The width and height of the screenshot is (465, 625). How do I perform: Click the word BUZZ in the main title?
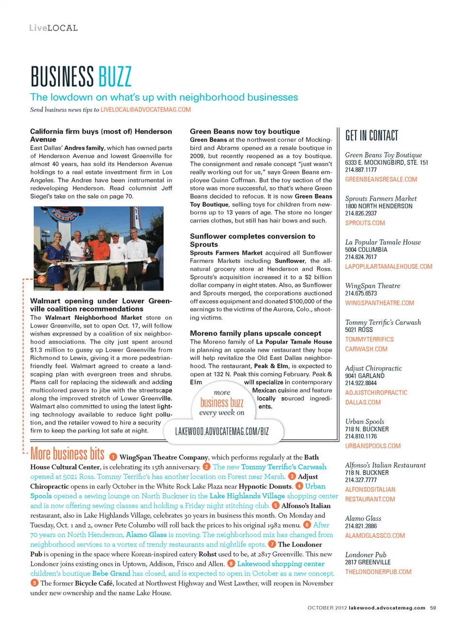pyautogui.click(x=115, y=77)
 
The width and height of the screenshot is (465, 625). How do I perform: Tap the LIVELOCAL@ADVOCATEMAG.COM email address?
pyautogui.click(x=145, y=110)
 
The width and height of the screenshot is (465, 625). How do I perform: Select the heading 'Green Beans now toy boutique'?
pyautogui.click(x=245, y=131)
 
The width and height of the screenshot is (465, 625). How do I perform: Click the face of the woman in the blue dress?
pyautogui.click(x=58, y=237)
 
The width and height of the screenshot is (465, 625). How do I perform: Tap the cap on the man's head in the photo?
pyautogui.click(x=116, y=234)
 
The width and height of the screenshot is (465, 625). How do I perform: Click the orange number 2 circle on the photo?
pyautogui.click(x=42, y=279)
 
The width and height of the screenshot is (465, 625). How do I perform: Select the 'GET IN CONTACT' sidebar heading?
pyautogui.click(x=372, y=136)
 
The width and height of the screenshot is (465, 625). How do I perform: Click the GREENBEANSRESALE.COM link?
pyautogui.click(x=381, y=179)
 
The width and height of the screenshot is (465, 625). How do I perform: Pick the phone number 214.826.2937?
pyautogui.click(x=361, y=213)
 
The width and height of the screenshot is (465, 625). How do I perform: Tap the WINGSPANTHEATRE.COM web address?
pyautogui.click(x=379, y=303)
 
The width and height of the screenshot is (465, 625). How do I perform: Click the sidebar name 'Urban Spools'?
pyautogui.click(x=364, y=422)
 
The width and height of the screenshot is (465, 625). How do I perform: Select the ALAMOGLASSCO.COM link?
pyautogui.click(x=375, y=535)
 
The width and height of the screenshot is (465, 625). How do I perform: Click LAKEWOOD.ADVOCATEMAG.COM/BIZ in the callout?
pyautogui.click(x=222, y=431)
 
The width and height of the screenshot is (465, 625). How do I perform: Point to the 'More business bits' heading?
pyautogui.click(x=67, y=454)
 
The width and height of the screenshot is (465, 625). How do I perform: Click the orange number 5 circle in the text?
pyautogui.click(x=275, y=505)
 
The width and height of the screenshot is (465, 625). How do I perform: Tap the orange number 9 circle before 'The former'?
pyautogui.click(x=34, y=583)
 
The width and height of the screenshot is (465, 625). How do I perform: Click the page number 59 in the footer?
pyautogui.click(x=433, y=608)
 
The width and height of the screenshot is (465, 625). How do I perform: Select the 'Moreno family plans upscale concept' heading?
pyautogui.click(x=255, y=333)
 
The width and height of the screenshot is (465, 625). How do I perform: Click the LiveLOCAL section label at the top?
pyautogui.click(x=53, y=28)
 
